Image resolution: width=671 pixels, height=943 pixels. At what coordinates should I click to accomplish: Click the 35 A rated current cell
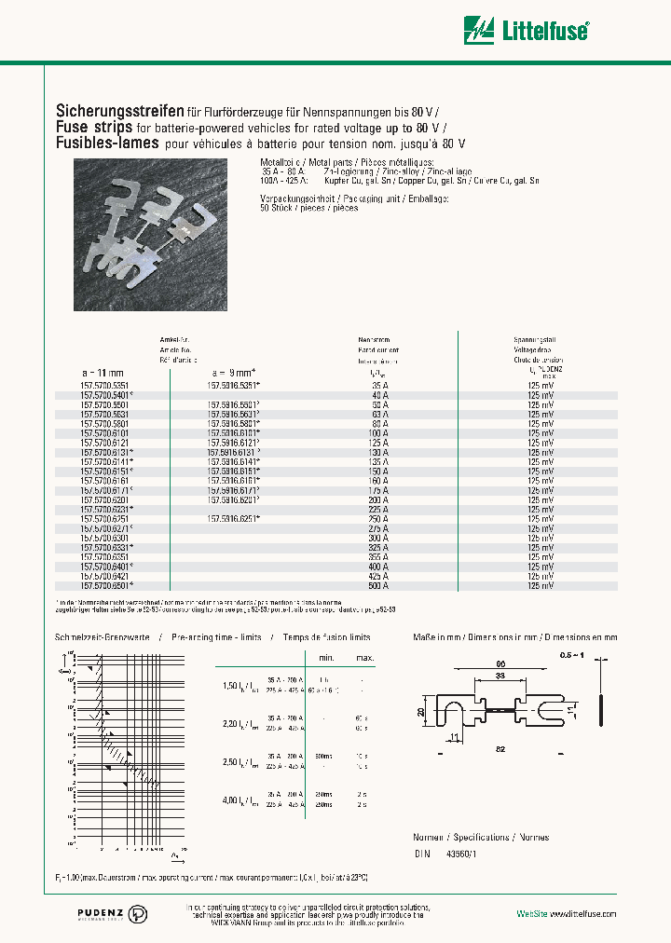(378, 383)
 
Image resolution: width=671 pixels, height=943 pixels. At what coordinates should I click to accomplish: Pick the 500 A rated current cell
(378, 585)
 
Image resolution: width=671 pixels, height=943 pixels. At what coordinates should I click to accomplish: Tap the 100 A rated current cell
(378, 433)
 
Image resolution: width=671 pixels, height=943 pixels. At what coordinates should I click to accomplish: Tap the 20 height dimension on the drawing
(420, 710)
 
